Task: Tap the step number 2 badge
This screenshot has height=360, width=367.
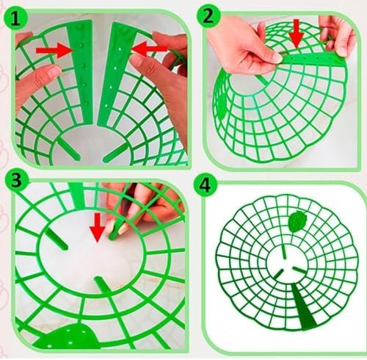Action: pos(208,16)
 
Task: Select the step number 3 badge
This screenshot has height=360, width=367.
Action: pos(17,181)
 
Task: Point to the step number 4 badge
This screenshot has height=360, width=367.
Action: pos(205,186)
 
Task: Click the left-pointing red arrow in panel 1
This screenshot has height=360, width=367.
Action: pos(150,49)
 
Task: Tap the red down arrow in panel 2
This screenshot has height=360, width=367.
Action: pos(297,34)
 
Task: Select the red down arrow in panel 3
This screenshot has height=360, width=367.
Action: pos(98,228)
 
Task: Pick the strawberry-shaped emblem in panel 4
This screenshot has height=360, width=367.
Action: pos(297,221)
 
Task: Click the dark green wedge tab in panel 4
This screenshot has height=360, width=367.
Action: pos(304,306)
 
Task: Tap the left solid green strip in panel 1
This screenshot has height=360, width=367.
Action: pos(81,72)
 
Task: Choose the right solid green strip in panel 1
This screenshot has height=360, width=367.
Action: pos(114,74)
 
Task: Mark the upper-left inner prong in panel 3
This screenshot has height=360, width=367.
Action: pos(57,240)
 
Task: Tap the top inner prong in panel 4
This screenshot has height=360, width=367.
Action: pos(284,251)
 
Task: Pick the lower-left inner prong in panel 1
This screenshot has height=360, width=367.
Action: pos(69,148)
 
